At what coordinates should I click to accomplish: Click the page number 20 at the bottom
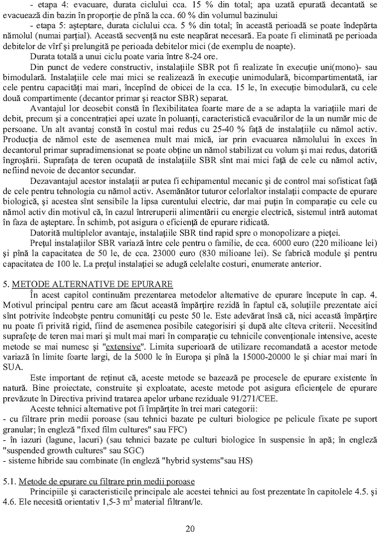click(x=190, y=528)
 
